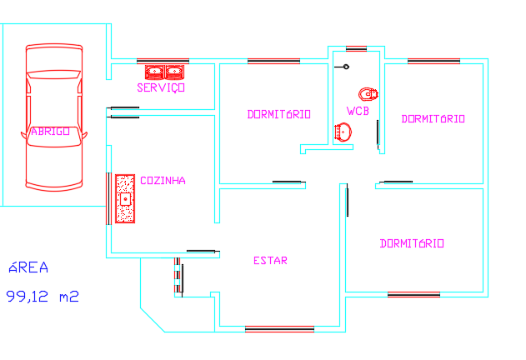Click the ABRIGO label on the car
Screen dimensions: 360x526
pos(50,131)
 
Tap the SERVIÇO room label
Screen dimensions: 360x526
pos(161,87)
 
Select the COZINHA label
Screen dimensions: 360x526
pos(163,180)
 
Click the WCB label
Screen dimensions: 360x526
pos(358,111)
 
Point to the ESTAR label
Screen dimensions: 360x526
pos(270,261)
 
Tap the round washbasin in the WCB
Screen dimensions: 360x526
pos(343,131)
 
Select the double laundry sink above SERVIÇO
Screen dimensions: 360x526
pos(164,71)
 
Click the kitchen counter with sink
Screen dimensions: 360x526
pos(125,199)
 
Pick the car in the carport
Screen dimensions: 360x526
pos(54,117)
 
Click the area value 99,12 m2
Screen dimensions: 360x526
pos(43,295)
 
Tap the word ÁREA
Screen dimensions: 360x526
pos(28,268)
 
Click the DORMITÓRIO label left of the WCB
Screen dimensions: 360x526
pos(279,114)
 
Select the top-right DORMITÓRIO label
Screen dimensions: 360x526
pos(433,119)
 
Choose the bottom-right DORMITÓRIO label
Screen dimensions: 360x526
pos(412,244)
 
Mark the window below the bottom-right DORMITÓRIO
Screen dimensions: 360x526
pos(413,294)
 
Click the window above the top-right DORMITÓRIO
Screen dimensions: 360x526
pos(433,61)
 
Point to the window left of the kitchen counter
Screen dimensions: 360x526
pos(109,198)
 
